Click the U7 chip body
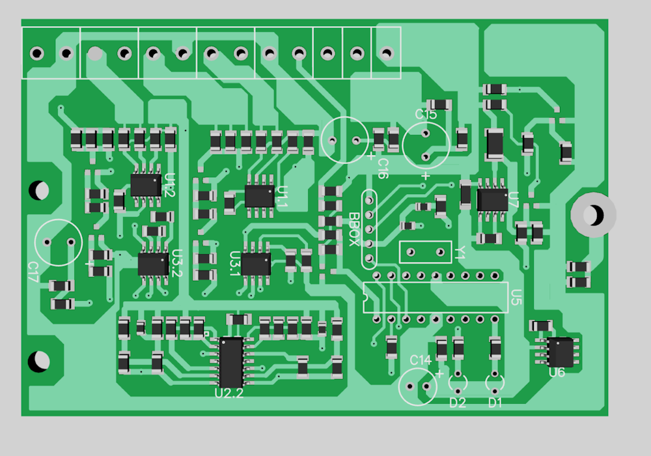pos(492,199)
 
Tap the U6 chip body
pos(561,352)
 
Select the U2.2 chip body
pos(231,362)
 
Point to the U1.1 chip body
pos(259,195)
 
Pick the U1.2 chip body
pos(146,184)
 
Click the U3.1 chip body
pos(256,264)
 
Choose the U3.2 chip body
pos(153,263)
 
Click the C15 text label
pos(426,115)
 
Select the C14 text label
pos(421,360)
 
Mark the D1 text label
pos(495,403)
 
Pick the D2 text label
pos(458,403)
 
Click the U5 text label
pos(516,298)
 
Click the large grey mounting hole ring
pos(593,214)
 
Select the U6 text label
pos(557,373)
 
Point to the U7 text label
pos(514,198)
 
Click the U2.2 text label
pos(229,393)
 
